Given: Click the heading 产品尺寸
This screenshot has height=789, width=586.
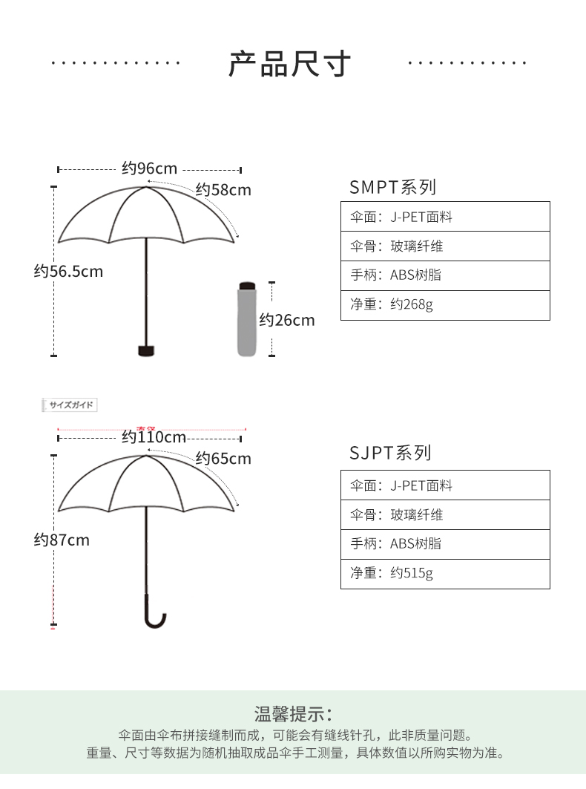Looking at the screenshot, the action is tap(289, 65).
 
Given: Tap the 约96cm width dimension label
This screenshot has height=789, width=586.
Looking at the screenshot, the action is tap(150, 168).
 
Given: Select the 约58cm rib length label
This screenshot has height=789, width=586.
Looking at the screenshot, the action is tap(223, 190).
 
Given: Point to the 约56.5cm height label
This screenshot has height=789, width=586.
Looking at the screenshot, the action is tap(68, 272).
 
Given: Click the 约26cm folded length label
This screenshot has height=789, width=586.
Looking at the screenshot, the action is tap(286, 320).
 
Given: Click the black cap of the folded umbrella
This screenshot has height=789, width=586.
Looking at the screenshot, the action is tap(246, 285).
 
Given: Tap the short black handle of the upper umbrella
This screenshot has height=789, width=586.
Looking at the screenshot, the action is tap(146, 350).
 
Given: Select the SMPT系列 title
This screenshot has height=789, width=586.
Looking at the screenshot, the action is tap(392, 187).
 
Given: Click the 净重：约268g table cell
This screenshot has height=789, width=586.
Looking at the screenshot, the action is tap(445, 304).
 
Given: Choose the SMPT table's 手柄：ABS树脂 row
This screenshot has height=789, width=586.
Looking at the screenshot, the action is tap(445, 275).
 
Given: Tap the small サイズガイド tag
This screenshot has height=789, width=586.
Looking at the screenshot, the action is tap(70, 405).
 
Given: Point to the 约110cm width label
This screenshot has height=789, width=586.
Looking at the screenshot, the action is tap(154, 437).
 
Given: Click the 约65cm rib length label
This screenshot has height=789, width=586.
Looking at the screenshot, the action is tap(223, 459).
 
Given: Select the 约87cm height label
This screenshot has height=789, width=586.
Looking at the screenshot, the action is tap(62, 540).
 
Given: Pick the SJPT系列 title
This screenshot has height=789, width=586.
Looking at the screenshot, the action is tap(390, 454).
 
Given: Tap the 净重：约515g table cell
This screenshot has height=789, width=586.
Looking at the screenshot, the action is tap(445, 574).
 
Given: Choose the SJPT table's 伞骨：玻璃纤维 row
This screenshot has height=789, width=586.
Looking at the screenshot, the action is tap(445, 515).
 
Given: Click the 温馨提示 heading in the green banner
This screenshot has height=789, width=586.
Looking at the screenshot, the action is tap(294, 715).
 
